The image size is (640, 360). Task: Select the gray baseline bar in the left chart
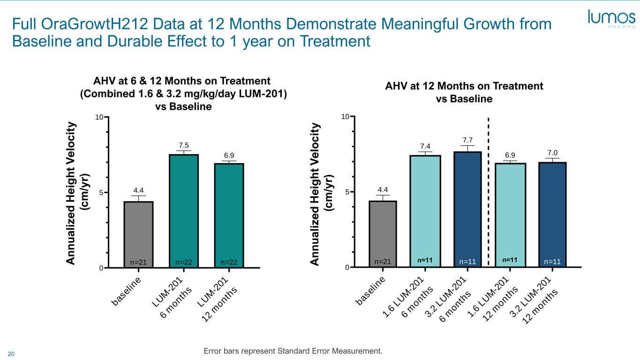[x=138, y=234]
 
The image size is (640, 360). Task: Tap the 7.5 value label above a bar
[x=183, y=145]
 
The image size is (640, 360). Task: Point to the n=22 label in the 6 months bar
[x=184, y=262]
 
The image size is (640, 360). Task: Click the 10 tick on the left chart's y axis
[x=99, y=117]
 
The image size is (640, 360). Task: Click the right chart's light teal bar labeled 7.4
[x=425, y=211]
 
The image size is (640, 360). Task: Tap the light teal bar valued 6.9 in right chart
[x=510, y=215]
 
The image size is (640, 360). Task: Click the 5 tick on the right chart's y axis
[x=347, y=192]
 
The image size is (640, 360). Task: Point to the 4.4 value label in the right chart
[x=383, y=190]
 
